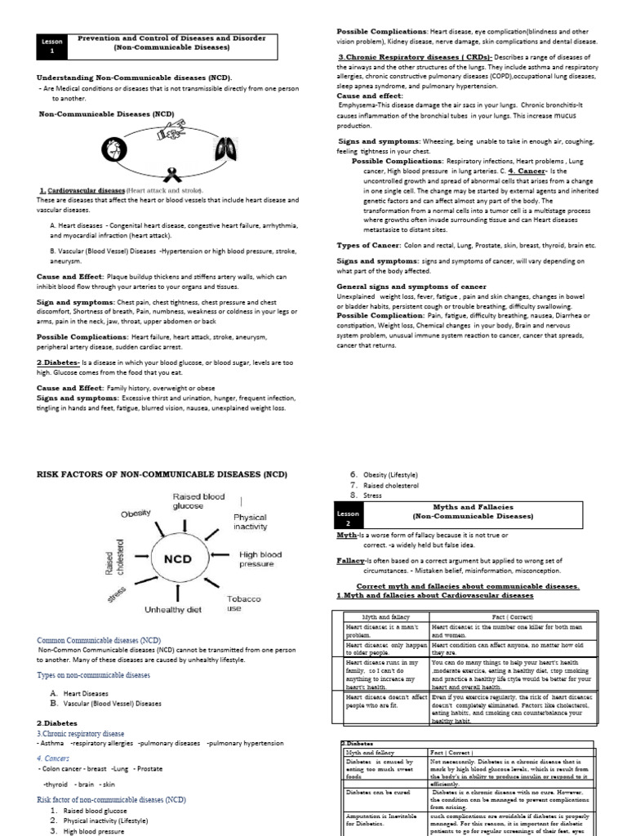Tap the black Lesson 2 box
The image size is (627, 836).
point(346,516)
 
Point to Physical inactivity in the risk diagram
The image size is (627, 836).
point(250,522)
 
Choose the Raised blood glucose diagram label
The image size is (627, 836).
point(198,500)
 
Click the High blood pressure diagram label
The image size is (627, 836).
point(256,559)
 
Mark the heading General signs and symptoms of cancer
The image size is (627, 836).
point(411,287)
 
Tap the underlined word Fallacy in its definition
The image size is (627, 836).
point(351,561)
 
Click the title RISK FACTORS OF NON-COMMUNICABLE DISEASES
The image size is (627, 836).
point(162,474)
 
